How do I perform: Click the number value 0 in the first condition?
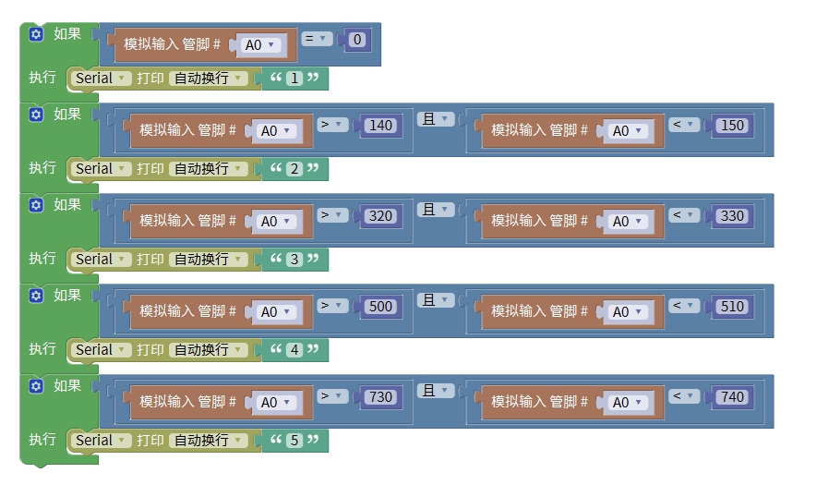point(358,40)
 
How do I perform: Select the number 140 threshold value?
point(379,126)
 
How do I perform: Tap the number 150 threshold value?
point(731,126)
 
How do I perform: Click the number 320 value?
point(379,216)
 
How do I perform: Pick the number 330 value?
point(731,216)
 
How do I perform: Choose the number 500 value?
point(379,307)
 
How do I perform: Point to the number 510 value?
point(731,307)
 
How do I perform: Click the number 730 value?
point(379,397)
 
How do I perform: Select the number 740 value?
point(731,397)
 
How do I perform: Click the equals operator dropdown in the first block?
point(318,39)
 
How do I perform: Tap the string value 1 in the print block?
point(294,79)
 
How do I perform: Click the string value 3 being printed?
point(294,260)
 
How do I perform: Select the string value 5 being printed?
point(294,441)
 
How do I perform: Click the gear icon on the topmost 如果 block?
point(36,34)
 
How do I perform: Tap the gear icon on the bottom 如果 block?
point(36,385)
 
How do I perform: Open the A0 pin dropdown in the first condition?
point(259,44)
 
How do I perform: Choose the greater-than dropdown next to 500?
point(332,305)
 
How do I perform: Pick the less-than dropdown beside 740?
point(684,395)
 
